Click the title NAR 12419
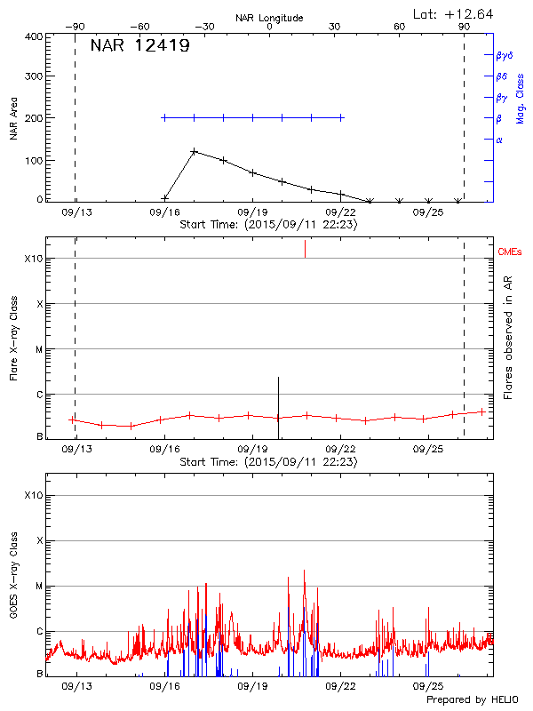[139, 46]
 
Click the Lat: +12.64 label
[454, 13]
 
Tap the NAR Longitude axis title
[269, 18]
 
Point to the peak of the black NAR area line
[194, 151]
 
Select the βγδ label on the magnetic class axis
[505, 55]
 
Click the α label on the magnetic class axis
[498, 140]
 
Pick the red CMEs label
[510, 252]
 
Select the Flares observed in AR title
[508, 338]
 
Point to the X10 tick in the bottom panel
[35, 494]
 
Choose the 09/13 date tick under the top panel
[76, 213]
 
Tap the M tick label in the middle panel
[39, 349]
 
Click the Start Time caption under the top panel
[268, 225]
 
